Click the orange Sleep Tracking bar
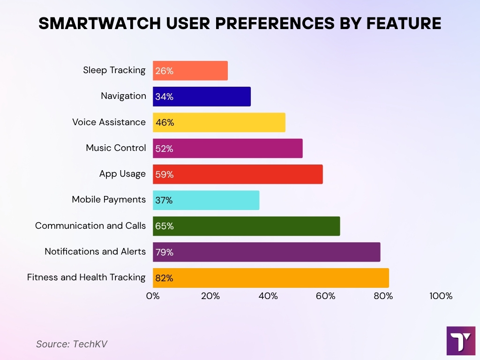tap(190, 70)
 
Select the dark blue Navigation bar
tap(202, 97)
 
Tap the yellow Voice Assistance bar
tap(219, 122)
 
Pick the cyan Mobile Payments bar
tap(206, 200)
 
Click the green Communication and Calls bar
tap(246, 226)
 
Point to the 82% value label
tap(164, 278)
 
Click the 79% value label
tap(164, 252)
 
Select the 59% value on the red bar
tap(164, 174)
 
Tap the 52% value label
tap(164, 149)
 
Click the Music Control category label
tap(116, 148)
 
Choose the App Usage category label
tap(122, 174)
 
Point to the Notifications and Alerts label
tap(95, 252)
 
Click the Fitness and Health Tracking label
tap(86, 277)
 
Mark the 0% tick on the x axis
tap(153, 296)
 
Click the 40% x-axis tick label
tap(268, 296)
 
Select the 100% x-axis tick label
tap(441, 296)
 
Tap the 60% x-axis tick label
tap(326, 296)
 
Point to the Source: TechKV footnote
tap(72, 344)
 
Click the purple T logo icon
tap(461, 341)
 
